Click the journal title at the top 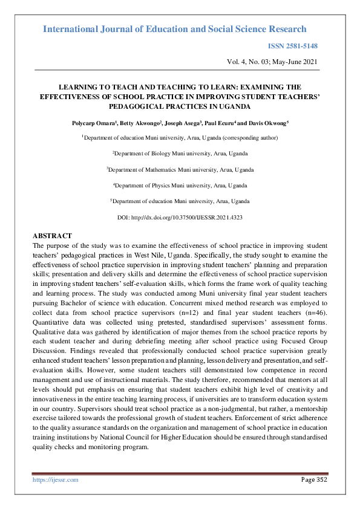point(175,29)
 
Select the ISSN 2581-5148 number point(292,46)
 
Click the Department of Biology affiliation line point(180,154)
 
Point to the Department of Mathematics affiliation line point(180,169)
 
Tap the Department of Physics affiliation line point(180,185)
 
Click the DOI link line point(180,216)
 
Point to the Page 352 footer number point(314,479)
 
